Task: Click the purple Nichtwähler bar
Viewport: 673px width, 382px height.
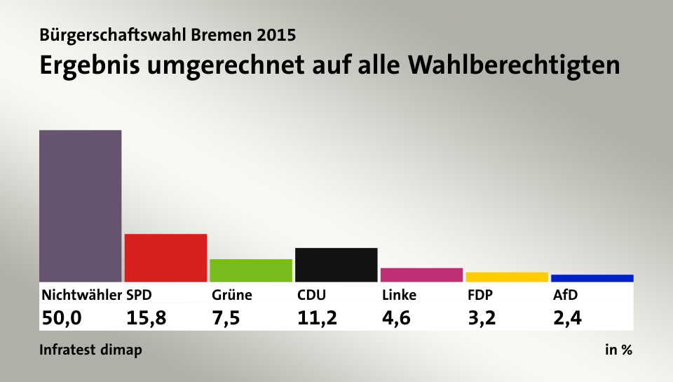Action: [x=81, y=206]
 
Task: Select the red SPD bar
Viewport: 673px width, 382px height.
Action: [x=165, y=258]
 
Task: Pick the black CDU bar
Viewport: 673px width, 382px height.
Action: [x=336, y=265]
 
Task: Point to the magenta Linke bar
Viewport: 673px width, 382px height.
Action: [x=421, y=275]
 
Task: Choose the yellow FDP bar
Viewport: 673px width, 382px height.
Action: [x=507, y=277]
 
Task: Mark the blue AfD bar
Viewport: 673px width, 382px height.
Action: [x=592, y=278]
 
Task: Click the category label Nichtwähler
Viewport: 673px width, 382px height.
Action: [x=81, y=295]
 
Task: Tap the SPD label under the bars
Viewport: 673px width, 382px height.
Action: [x=139, y=295]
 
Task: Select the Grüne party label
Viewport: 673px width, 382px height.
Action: [x=231, y=295]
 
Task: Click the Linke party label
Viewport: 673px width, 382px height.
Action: [x=399, y=295]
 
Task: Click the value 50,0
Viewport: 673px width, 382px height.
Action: [x=62, y=318]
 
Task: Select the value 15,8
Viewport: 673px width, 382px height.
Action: [x=147, y=318]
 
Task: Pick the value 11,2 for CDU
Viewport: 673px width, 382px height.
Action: [x=317, y=318]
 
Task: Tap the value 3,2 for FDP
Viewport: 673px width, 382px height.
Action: [x=482, y=318]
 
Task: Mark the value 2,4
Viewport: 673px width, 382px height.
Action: [x=567, y=318]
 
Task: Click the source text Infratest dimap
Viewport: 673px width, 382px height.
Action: [x=90, y=350]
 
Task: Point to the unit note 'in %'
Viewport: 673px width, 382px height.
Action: [x=618, y=350]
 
